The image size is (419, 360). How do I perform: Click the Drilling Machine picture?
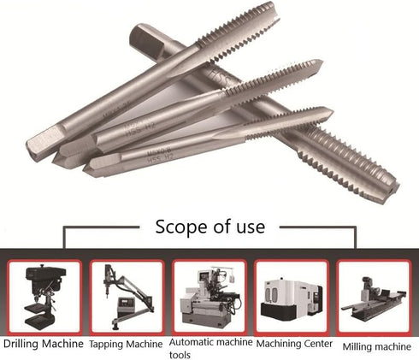tap(44, 295)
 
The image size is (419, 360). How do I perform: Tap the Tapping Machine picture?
tap(127, 295)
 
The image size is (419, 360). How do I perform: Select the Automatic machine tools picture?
tap(209, 295)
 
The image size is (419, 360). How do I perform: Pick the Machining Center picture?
tap(292, 295)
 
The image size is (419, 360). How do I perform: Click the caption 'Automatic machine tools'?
tap(211, 348)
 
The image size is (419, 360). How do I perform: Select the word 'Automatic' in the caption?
tap(196, 342)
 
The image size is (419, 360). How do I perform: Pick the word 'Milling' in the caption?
tap(357, 346)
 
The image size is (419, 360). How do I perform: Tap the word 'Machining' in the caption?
tap(274, 343)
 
